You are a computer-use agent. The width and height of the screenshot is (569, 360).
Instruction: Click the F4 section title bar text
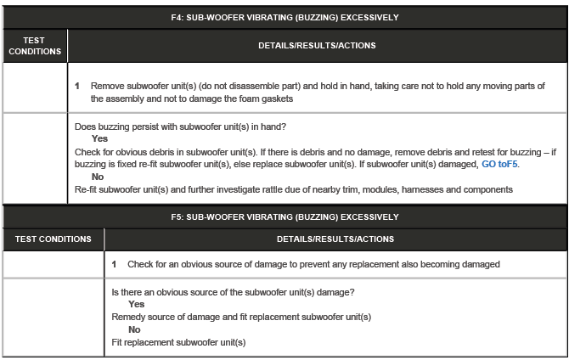pyautogui.click(x=284, y=16)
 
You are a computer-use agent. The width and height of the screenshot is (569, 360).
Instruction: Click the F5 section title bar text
pyautogui.click(x=284, y=217)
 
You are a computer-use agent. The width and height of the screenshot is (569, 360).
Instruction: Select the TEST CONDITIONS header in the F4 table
pyautogui.click(x=35, y=46)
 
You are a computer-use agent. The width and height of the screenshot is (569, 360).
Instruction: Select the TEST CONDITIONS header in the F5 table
pyautogui.click(x=53, y=239)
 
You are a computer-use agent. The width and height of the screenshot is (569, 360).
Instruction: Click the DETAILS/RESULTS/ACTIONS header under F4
pyautogui.click(x=317, y=46)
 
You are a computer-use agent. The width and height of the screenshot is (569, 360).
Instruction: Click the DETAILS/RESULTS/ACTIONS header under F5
pyautogui.click(x=335, y=239)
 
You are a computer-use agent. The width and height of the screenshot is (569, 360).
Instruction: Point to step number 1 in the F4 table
pyautogui.click(x=77, y=87)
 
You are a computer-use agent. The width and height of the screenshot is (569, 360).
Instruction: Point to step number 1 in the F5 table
pyautogui.click(x=115, y=264)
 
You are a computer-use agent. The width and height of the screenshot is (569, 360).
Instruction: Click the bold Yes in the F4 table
pyautogui.click(x=99, y=139)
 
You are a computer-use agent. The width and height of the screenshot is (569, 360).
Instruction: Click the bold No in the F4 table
pyautogui.click(x=98, y=177)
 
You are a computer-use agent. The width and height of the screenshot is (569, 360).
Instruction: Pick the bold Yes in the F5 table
pyautogui.click(x=136, y=304)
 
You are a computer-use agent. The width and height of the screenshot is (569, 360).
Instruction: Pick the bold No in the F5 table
pyautogui.click(x=134, y=329)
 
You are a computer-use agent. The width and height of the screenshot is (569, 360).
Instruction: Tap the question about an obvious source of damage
pyautogui.click(x=233, y=292)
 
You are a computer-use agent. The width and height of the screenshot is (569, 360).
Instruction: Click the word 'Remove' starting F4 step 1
pyautogui.click(x=108, y=87)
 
